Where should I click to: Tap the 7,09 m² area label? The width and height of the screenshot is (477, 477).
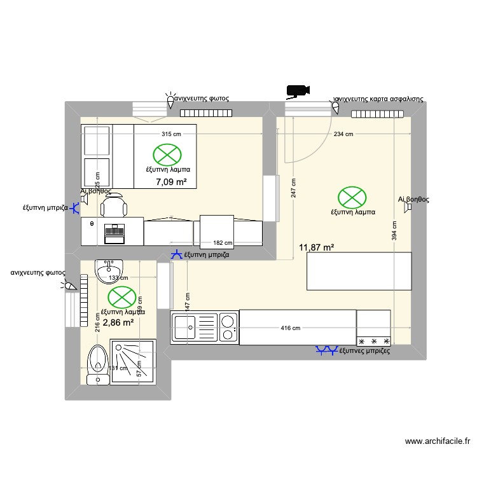click(171, 182)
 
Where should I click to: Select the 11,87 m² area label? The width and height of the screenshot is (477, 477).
click(317, 247)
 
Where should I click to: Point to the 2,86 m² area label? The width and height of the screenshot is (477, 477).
click(118, 322)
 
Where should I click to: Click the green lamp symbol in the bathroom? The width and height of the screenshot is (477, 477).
click(121, 297)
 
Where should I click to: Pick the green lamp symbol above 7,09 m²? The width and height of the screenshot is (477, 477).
click(167, 155)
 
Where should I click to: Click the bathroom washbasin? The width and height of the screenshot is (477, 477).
click(109, 271)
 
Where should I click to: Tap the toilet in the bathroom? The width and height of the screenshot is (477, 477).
click(98, 363)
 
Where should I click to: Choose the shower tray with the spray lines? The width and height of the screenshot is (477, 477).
click(133, 363)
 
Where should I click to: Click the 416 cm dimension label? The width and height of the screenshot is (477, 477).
click(290, 328)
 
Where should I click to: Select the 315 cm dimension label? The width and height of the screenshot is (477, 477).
click(171, 134)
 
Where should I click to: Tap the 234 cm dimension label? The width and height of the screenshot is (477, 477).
click(343, 134)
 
